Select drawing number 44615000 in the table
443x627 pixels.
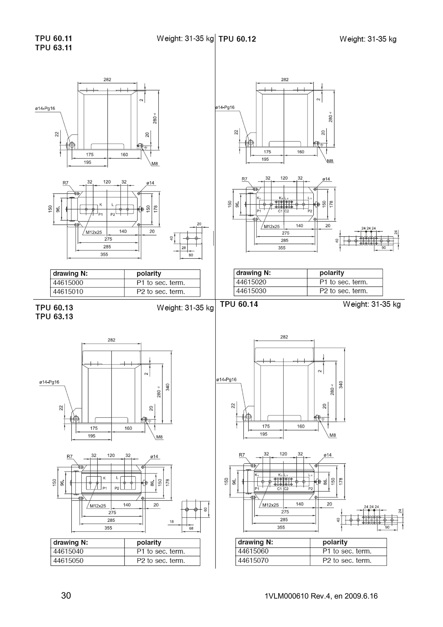pyautogui.click(x=68, y=283)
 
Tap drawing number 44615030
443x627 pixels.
pyautogui.click(x=251, y=291)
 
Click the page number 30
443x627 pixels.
pyautogui.click(x=66, y=596)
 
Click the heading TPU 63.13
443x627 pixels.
pyautogui.click(x=54, y=317)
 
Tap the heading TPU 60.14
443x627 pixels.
pyautogui.click(x=239, y=304)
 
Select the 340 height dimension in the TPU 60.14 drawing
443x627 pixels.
pyautogui.click(x=341, y=385)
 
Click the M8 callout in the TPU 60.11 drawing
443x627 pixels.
pyautogui.click(x=154, y=164)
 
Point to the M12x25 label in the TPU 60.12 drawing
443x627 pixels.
pyautogui.click(x=272, y=226)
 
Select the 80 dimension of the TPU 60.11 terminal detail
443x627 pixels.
pyautogui.click(x=191, y=255)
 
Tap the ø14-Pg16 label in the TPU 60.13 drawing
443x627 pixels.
pyautogui.click(x=49, y=382)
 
